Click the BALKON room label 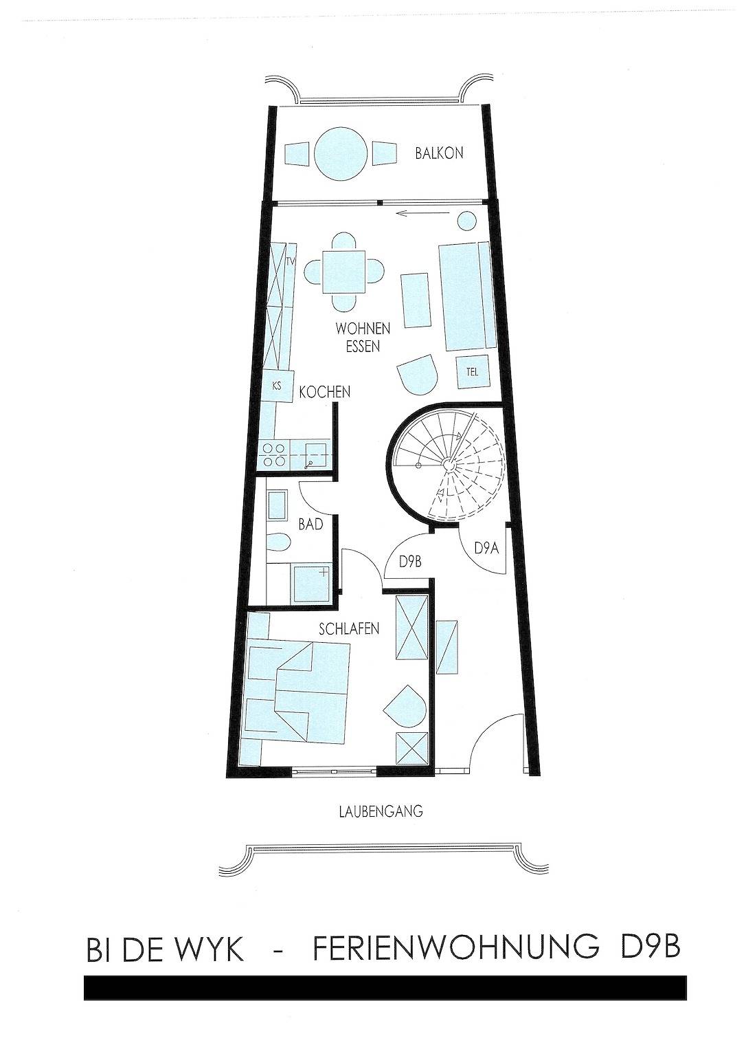(x=439, y=153)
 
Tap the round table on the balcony (x=341, y=153)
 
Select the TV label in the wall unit (x=291, y=262)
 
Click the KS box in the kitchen (x=277, y=386)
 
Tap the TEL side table (x=472, y=373)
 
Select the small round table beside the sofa (x=467, y=221)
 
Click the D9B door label (x=409, y=562)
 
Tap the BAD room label (x=310, y=525)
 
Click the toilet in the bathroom (x=280, y=543)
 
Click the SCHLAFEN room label (x=349, y=628)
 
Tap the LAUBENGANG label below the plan (x=381, y=811)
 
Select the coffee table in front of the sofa (x=416, y=300)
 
